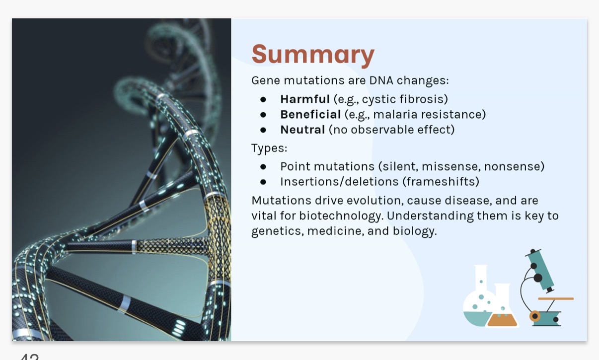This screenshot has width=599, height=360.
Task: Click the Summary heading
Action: click(x=312, y=54)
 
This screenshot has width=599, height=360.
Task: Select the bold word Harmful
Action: click(x=304, y=99)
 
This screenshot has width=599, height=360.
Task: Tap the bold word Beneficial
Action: click(x=310, y=115)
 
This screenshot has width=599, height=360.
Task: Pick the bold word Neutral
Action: click(x=302, y=130)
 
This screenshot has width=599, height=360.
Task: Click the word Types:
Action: click(x=269, y=148)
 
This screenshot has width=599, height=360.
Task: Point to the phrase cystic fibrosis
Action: click(x=405, y=99)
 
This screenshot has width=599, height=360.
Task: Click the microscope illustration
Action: click(x=544, y=288)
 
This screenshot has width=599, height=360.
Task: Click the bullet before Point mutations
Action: click(x=263, y=166)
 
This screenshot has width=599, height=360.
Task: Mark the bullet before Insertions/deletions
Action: click(x=263, y=182)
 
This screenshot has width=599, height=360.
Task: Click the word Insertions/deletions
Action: click(x=339, y=182)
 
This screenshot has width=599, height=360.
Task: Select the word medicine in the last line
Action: click(x=336, y=231)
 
